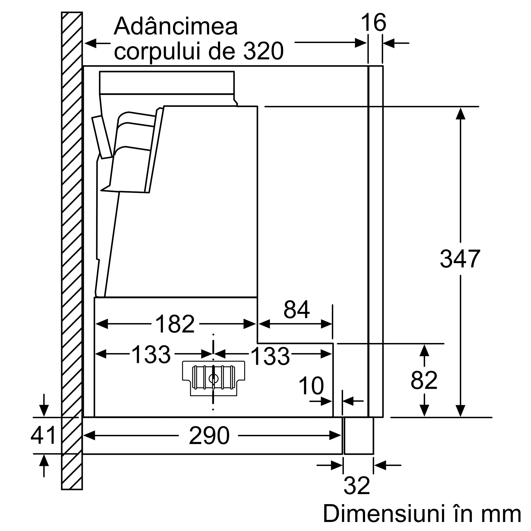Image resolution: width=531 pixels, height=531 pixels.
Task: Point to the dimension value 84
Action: pos(297,310)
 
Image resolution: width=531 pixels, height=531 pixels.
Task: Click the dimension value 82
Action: pos(424,380)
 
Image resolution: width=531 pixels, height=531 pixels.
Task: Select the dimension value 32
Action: pos(357,486)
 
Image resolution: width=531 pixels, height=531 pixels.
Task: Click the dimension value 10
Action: pos(311,386)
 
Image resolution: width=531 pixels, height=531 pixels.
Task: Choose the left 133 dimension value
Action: pos(151,355)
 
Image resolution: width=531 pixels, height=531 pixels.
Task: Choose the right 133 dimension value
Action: pos(270,356)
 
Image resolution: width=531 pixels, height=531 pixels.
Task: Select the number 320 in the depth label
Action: pos(263,52)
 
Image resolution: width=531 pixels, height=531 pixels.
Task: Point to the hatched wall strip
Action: pos(72,247)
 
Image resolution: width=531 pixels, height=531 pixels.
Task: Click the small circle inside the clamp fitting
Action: pos(213,379)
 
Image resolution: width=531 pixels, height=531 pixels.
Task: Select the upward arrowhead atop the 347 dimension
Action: pos(460,114)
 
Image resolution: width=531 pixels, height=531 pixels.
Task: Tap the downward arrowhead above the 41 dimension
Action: pos(44,411)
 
